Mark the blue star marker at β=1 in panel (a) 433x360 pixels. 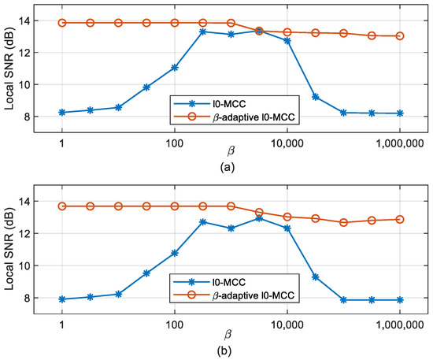61,113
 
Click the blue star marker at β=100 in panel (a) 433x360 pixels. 175,68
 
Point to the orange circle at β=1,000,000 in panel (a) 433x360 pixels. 400,35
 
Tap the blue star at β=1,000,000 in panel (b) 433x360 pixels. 400,300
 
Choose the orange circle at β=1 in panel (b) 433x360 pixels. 61,206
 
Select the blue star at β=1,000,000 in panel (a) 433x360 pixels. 400,113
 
